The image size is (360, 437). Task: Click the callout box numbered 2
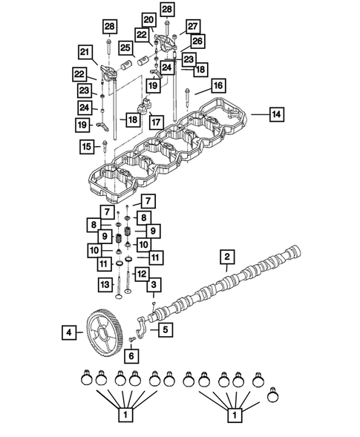click(226, 257)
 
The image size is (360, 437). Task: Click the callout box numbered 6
click(131, 355)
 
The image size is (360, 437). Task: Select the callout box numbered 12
click(140, 275)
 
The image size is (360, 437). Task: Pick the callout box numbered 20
click(148, 20)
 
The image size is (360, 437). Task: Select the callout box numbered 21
click(85, 51)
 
